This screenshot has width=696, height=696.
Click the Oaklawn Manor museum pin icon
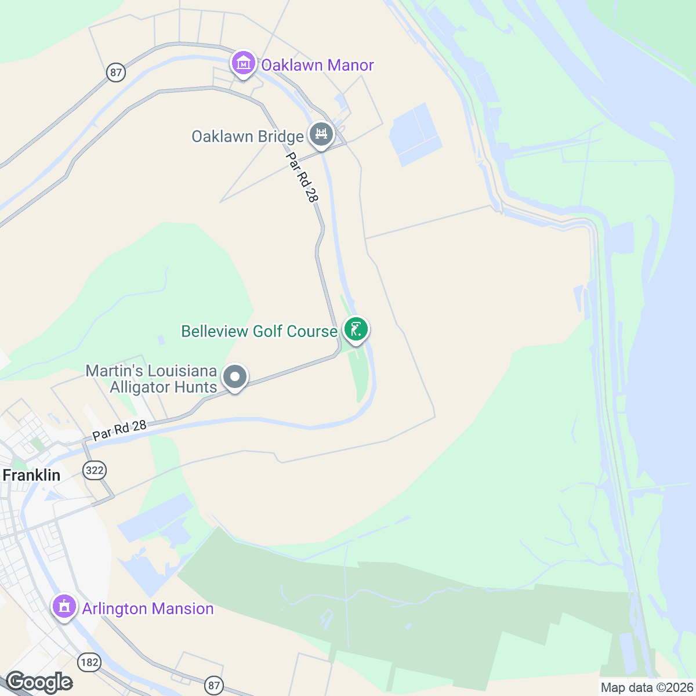point(244,63)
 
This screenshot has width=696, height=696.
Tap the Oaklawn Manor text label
point(317,65)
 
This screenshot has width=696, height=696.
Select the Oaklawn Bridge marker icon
point(321,135)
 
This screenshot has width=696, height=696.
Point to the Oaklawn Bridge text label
point(248,137)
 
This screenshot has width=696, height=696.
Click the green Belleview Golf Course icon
point(356,329)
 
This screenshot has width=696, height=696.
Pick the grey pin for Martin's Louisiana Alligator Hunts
point(235,377)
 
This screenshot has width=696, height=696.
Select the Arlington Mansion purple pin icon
point(64,606)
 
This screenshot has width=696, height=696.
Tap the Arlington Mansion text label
point(148,608)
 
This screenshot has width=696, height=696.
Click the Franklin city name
point(31,475)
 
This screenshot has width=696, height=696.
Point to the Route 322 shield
point(95,470)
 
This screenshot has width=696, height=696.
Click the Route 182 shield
point(90,662)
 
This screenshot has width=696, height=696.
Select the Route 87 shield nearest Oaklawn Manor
point(116,72)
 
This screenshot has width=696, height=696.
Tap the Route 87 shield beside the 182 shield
point(214,686)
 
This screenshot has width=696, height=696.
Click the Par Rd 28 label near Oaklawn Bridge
point(302,177)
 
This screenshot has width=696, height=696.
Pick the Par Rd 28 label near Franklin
point(119,430)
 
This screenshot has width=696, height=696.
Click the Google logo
point(39,683)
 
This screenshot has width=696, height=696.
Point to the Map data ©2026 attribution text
point(646,687)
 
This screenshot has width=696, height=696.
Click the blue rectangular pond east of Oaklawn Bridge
point(416,135)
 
